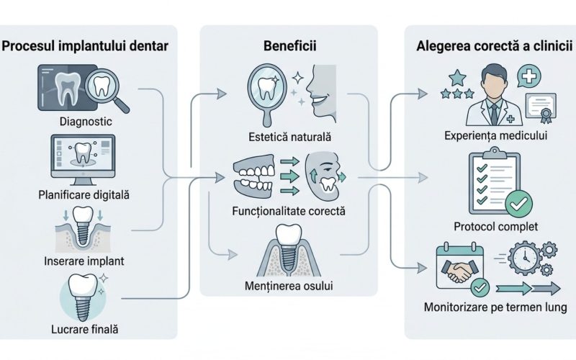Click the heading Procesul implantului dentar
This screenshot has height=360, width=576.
[x=86, y=47]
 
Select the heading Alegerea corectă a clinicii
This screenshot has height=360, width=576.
[x=495, y=47]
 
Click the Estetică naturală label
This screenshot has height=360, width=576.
[x=288, y=135]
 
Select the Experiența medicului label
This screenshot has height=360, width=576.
[x=494, y=135]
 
